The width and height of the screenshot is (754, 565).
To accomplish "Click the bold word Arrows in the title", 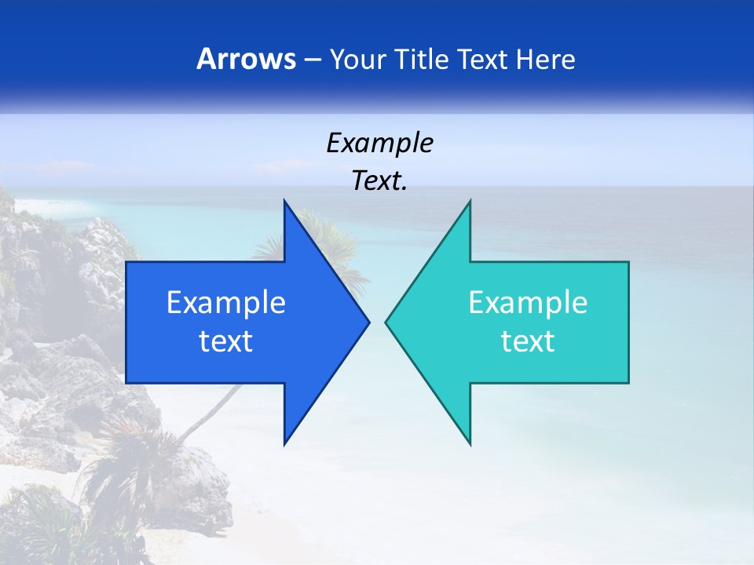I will [245, 59].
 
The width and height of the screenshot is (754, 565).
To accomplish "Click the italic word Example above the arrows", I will [379, 144].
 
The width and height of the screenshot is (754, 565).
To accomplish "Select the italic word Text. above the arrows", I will [379, 180].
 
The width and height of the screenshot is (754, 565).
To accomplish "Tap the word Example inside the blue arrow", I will [226, 303].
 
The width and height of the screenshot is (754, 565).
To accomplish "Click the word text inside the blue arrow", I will [226, 341].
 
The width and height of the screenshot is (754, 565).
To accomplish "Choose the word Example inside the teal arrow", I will [528, 303].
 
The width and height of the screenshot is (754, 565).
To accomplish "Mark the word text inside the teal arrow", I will [528, 341].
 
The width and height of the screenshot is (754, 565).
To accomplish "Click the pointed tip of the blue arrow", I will [368, 322].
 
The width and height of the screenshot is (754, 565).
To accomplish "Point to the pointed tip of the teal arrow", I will [387, 322].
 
